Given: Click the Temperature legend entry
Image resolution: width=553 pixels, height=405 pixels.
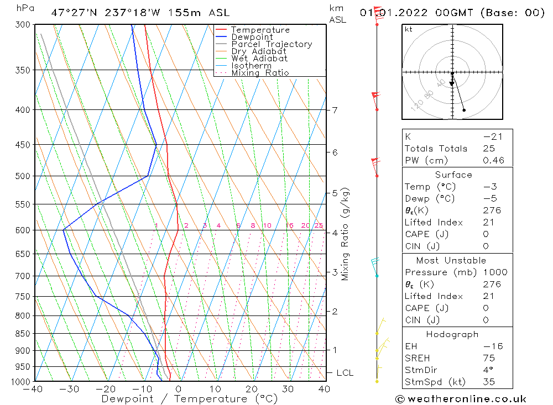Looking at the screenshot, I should click(x=260, y=30).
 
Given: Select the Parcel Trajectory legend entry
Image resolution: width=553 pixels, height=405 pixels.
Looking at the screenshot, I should click(x=272, y=44).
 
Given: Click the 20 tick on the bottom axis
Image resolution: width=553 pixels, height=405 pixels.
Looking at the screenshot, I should click(x=252, y=390).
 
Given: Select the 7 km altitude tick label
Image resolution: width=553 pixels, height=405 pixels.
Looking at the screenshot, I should click(x=335, y=110).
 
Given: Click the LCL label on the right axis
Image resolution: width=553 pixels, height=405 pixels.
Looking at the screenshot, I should click(x=345, y=373).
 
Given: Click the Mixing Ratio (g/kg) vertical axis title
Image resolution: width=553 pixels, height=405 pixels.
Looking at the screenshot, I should click(x=346, y=234).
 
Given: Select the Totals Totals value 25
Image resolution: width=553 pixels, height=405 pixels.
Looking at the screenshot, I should click(x=488, y=149).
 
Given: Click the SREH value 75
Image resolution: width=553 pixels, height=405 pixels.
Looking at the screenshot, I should click(x=489, y=358).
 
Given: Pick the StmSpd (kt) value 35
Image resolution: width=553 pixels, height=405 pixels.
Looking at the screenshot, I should click(x=489, y=382).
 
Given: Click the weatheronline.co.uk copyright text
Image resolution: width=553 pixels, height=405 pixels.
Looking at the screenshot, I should click(x=461, y=399).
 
